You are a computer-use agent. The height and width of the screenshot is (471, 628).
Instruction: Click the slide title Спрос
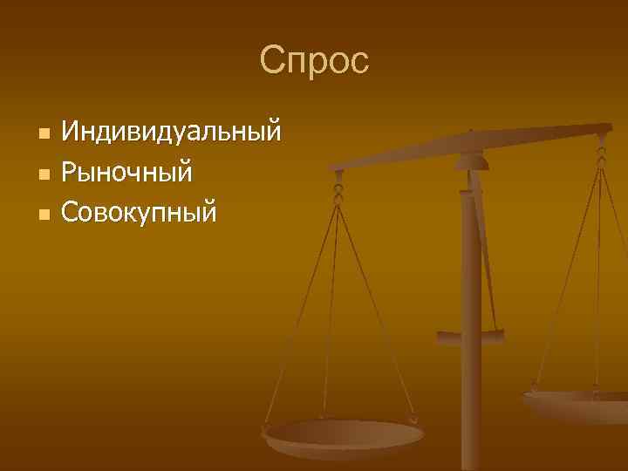314,61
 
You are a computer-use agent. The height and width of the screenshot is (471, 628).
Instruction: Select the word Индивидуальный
171,133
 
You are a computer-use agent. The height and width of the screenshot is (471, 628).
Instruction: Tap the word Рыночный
126,173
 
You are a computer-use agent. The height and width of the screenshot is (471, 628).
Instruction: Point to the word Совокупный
139,212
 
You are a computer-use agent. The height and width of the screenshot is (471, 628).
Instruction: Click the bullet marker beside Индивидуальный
44,134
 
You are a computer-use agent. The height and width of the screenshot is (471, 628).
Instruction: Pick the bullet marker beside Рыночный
44,174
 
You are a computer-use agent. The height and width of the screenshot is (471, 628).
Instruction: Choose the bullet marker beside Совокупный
44,213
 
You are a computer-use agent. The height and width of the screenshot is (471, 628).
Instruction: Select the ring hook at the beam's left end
338,188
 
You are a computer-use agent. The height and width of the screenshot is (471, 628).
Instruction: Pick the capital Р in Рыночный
69,173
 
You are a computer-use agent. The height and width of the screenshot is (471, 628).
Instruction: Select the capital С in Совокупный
71,212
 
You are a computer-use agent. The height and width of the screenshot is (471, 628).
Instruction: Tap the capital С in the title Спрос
272,61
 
